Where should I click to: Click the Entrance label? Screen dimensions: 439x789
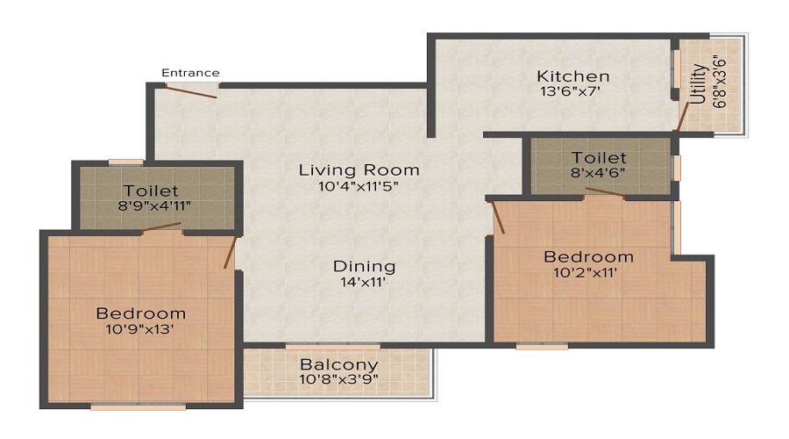tap(190, 72)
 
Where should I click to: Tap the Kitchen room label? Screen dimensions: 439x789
tap(573, 76)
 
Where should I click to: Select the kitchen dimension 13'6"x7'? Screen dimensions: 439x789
tap(573, 90)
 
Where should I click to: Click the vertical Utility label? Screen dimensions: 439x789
tap(697, 83)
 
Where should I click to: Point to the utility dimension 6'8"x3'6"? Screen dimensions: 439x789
tap(720, 83)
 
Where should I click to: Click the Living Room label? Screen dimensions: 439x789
tap(359, 169)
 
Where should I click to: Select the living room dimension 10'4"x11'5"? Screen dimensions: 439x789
tap(359, 185)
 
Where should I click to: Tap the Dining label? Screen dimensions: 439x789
tap(364, 266)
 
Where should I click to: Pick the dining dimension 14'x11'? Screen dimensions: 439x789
tap(364, 282)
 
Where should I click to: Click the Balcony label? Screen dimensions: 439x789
tap(339, 364)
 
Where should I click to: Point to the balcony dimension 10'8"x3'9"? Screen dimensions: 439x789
tap(339, 379)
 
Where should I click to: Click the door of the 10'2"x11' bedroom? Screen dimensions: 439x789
tap(498, 217)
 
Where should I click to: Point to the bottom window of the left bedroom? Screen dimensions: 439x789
tap(139, 407)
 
